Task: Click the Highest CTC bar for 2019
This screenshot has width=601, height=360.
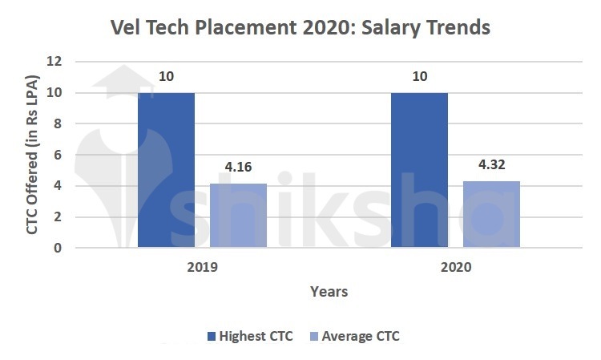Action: (x=166, y=170)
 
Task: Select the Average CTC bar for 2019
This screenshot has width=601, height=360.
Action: (x=239, y=216)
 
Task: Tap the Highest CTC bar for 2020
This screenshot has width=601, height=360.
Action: (x=419, y=170)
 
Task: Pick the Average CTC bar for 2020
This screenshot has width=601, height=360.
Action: (x=491, y=214)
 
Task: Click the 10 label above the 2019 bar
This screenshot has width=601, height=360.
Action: (x=166, y=78)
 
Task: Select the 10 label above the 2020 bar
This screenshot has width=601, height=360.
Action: (x=419, y=78)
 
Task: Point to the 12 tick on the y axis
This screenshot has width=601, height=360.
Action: (x=54, y=62)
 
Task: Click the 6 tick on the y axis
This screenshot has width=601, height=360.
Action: (x=58, y=155)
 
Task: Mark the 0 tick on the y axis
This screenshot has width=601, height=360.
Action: (x=58, y=249)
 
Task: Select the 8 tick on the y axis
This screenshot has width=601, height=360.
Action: (x=58, y=124)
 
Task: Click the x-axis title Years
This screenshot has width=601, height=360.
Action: (x=329, y=292)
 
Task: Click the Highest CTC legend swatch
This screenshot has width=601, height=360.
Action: (x=212, y=337)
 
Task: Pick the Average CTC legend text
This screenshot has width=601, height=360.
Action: (x=360, y=337)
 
